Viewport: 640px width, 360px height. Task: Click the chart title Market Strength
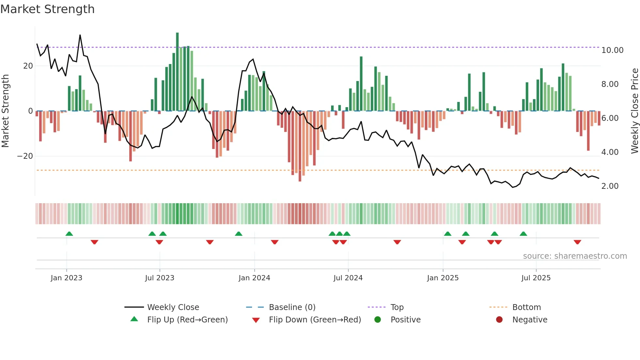click(x=47, y=9)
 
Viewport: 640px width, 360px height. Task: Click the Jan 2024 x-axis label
click(x=254, y=278)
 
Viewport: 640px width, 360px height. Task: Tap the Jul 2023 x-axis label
click(x=160, y=278)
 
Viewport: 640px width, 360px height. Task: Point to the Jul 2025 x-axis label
click(x=536, y=278)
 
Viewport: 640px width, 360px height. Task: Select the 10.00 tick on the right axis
click(x=612, y=50)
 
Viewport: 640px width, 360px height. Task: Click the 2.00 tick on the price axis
click(x=610, y=186)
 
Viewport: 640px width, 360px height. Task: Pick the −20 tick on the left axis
click(x=25, y=156)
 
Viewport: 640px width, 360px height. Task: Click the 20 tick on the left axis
click(x=28, y=66)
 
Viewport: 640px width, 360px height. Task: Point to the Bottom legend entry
click(x=526, y=307)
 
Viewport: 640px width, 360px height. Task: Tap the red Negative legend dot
click(x=499, y=320)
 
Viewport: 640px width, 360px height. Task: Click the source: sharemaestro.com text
click(x=575, y=256)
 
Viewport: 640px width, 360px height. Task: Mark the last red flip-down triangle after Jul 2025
click(x=577, y=242)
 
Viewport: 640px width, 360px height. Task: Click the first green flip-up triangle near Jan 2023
click(x=69, y=234)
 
